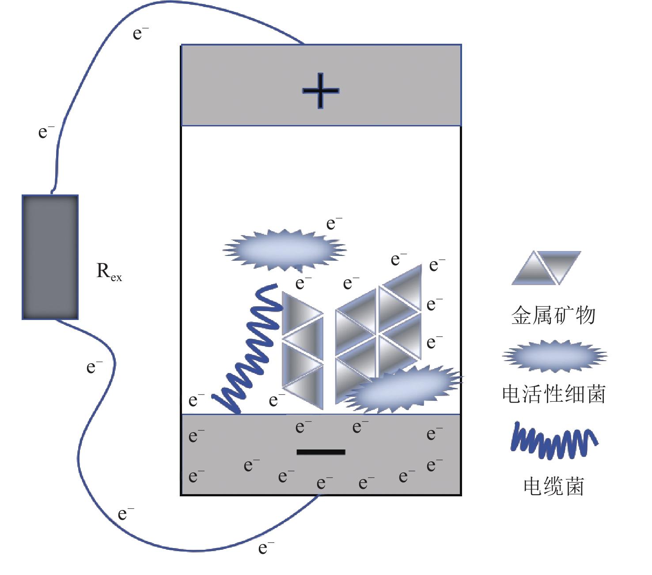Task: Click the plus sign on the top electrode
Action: [x=321, y=91]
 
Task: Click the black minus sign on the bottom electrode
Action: [x=321, y=452]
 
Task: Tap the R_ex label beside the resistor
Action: [x=109, y=271]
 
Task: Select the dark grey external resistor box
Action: [x=50, y=257]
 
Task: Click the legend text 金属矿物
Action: [x=553, y=315]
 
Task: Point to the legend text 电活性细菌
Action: [x=554, y=394]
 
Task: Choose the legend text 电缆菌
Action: [x=553, y=486]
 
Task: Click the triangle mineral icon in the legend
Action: [x=546, y=268]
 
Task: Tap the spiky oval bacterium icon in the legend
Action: [x=554, y=356]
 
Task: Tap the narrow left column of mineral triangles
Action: [x=303, y=350]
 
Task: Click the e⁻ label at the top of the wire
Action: [x=140, y=33]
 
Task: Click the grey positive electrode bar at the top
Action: [x=321, y=85]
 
